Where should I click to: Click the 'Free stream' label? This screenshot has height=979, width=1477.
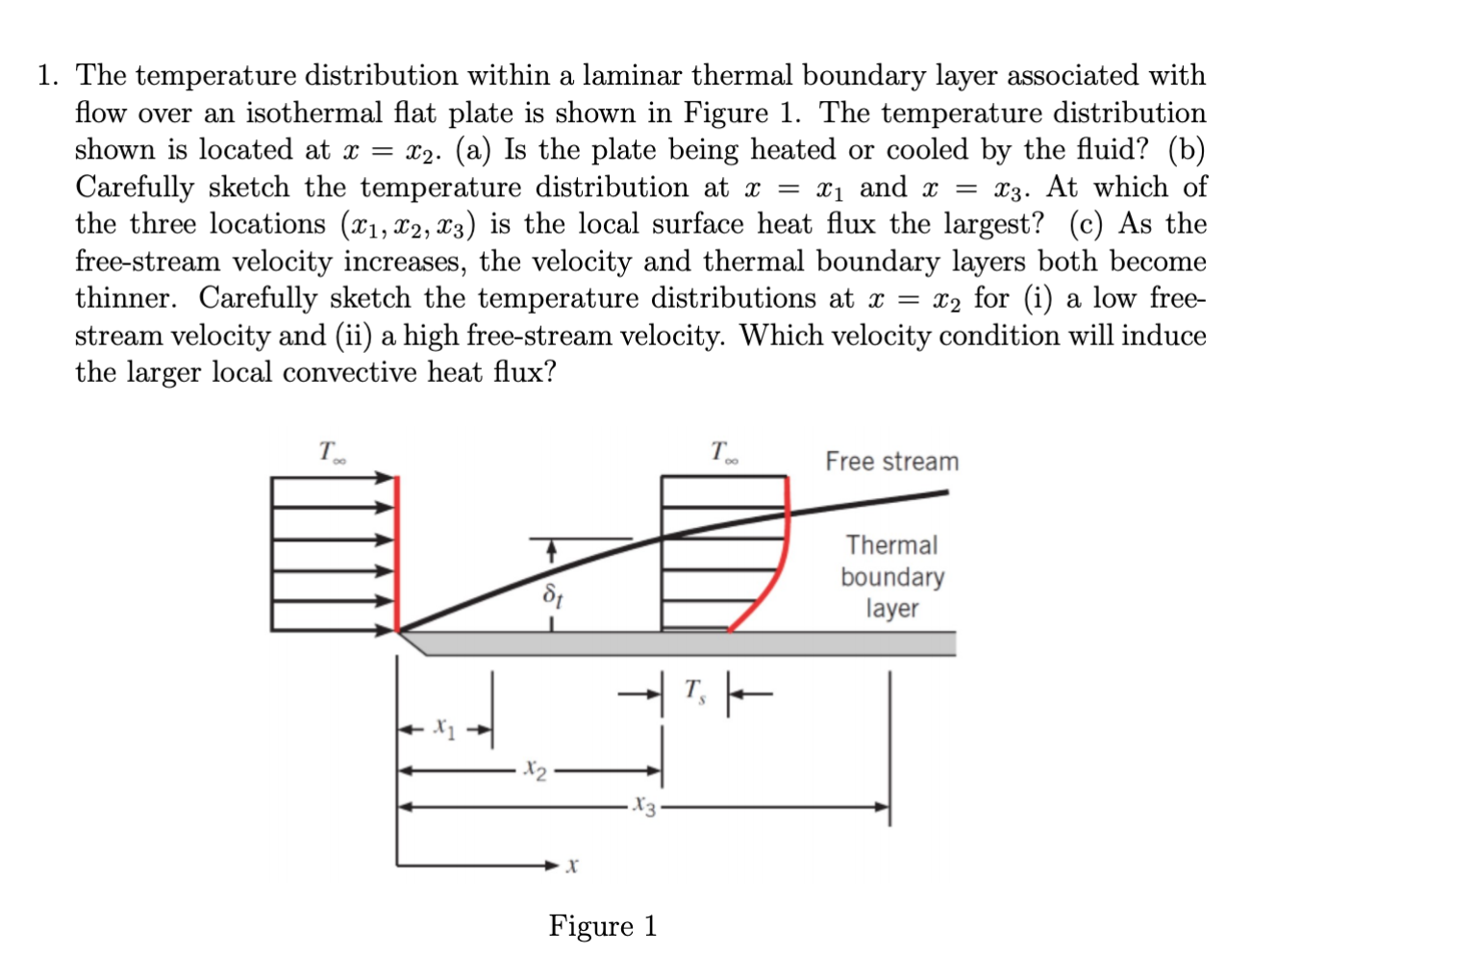click(891, 462)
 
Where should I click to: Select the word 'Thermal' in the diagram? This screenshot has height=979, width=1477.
click(891, 545)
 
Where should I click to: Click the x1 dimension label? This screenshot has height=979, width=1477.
click(443, 728)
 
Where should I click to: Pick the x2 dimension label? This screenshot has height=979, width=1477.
click(536, 770)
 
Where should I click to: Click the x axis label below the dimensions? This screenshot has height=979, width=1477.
click(572, 866)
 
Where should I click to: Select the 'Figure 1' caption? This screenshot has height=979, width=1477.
click(603, 926)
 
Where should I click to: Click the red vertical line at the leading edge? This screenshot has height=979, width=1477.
click(397, 553)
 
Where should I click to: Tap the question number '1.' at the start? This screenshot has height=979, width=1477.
click(49, 76)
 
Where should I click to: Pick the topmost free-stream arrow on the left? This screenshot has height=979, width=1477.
click(332, 477)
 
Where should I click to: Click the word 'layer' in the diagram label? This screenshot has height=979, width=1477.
click(891, 609)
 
